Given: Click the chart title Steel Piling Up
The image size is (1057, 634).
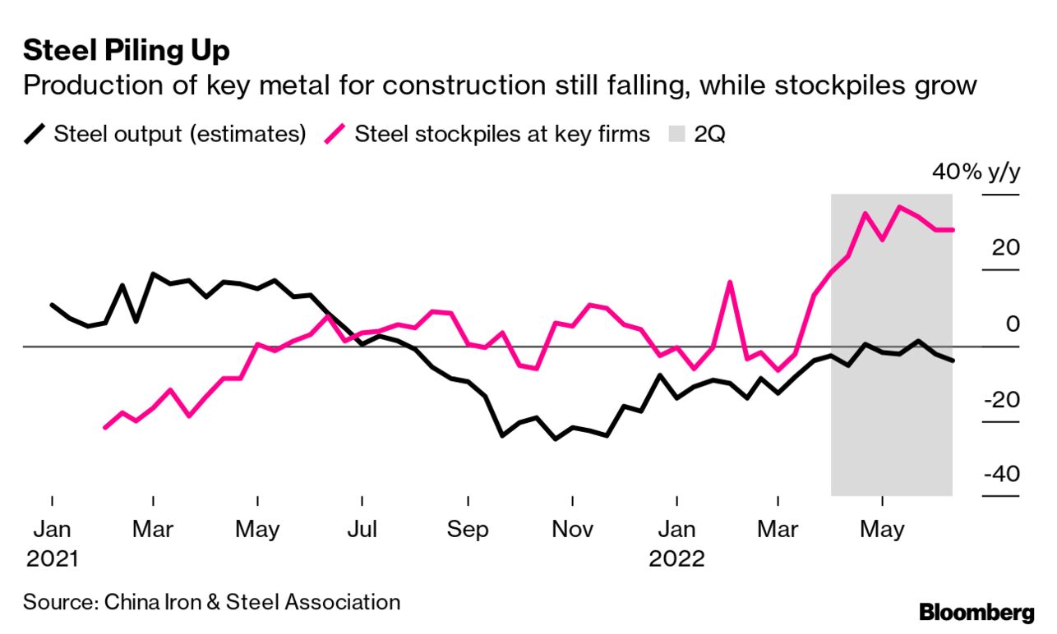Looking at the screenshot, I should pyautogui.click(x=127, y=51).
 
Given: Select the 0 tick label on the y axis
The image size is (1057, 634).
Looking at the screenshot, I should pyautogui.click(x=1012, y=324).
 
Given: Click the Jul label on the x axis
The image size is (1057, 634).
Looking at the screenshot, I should pyautogui.click(x=362, y=530).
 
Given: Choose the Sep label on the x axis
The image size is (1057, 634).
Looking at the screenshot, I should pyautogui.click(x=467, y=530).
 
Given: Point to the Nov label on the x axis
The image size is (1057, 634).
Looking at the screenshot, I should pyautogui.click(x=571, y=530).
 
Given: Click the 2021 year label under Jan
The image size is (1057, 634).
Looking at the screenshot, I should pyautogui.click(x=52, y=559).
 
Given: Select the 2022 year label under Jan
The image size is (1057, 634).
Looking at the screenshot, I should pyautogui.click(x=676, y=559).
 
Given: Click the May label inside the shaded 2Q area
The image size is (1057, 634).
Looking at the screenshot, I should pyautogui.click(x=882, y=530).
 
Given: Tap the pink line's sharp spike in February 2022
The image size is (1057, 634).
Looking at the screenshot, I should pyautogui.click(x=729, y=283).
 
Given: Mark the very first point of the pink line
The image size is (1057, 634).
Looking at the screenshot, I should pyautogui.click(x=104, y=428).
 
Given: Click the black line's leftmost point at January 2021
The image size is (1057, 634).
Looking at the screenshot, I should pyautogui.click(x=52, y=305).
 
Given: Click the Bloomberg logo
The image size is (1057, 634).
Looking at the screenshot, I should pyautogui.click(x=976, y=612).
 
